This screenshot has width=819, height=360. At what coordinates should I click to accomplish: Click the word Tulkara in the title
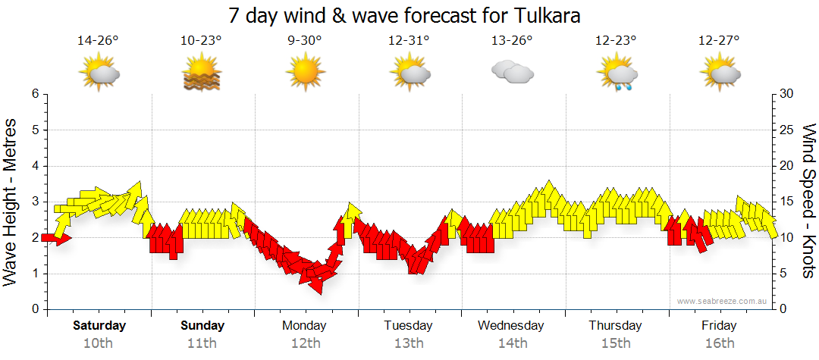pyautogui.click(x=544, y=15)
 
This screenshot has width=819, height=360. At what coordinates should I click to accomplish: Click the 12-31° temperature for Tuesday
pyautogui.click(x=409, y=40)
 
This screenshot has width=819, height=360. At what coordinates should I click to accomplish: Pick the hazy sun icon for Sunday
pyautogui.click(x=202, y=74)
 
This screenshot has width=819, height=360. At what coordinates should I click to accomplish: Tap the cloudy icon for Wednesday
pyautogui.click(x=512, y=73)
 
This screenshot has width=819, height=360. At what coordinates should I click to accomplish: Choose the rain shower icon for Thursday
pyautogui.click(x=616, y=74)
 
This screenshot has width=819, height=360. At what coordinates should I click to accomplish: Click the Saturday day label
pyautogui.click(x=99, y=326)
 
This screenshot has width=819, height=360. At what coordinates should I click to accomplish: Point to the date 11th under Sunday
pyautogui.click(x=202, y=343)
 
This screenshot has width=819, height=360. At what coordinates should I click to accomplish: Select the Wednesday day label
pyautogui.click(x=511, y=326)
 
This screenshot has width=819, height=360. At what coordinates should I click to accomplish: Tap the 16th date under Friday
pyautogui.click(x=719, y=343)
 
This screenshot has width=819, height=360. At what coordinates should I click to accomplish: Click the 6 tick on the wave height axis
pyautogui.click(x=35, y=94)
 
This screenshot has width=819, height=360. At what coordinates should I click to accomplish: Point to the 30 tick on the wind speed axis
pyautogui.click(x=787, y=94)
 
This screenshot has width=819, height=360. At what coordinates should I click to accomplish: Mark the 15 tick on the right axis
pyautogui.click(x=787, y=202)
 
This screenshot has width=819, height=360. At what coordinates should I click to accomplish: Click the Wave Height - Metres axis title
pyautogui.click(x=11, y=202)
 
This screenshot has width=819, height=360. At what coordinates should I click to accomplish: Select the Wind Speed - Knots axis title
pyautogui.click(x=808, y=202)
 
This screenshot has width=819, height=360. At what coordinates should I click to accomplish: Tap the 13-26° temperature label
pyautogui.click(x=512, y=40)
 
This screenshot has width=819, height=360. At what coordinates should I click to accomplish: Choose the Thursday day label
pyautogui.click(x=615, y=326)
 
